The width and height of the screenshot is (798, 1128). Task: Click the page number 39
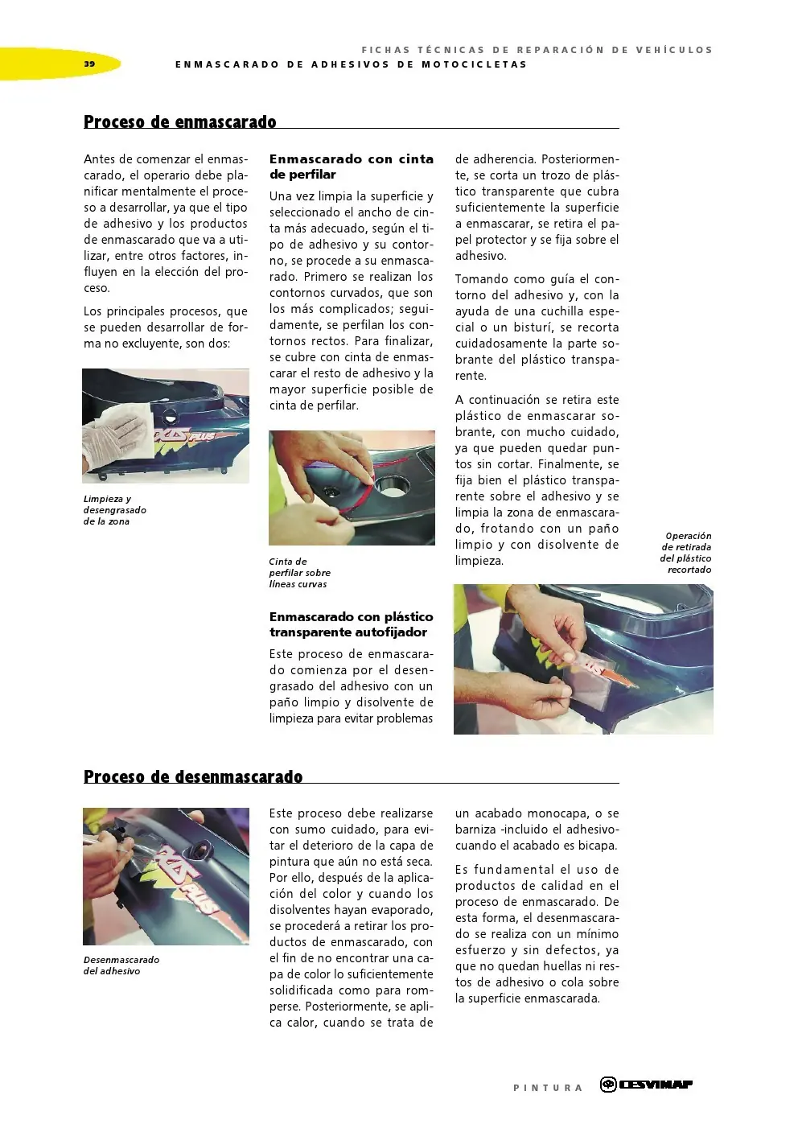pyautogui.click(x=89, y=64)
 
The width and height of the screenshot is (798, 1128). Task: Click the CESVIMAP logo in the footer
pyautogui.click(x=646, y=1085)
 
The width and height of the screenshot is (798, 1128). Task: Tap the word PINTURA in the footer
pyautogui.click(x=548, y=1088)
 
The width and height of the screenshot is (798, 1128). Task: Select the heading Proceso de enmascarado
pyautogui.click(x=179, y=121)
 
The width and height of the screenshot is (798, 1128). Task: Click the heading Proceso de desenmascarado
pyautogui.click(x=193, y=776)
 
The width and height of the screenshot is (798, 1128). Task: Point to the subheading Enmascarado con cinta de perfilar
pyautogui.click(x=352, y=167)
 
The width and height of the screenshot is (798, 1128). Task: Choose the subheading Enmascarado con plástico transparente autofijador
pyautogui.click(x=352, y=624)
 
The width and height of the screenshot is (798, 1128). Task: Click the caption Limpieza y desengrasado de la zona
pyautogui.click(x=115, y=510)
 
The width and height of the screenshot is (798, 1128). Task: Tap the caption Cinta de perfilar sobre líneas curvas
pyautogui.click(x=299, y=573)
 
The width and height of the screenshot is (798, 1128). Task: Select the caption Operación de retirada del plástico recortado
pyautogui.click(x=685, y=553)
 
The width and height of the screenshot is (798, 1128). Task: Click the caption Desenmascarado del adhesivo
pyautogui.click(x=121, y=965)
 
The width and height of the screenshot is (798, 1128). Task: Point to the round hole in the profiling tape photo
pyautogui.click(x=393, y=485)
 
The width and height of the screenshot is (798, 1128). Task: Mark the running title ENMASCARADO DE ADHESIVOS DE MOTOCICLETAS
pyautogui.click(x=351, y=64)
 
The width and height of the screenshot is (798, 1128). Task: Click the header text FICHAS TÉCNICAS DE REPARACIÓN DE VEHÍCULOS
pyautogui.click(x=537, y=50)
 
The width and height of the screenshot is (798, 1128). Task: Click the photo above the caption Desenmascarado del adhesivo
pyautogui.click(x=167, y=876)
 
